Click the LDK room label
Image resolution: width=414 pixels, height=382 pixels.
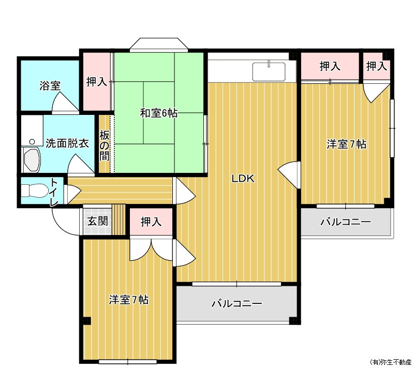(x=243, y=179)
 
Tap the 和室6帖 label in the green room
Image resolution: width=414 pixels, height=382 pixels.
(x=159, y=113)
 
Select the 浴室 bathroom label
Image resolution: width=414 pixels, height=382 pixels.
(x=50, y=85)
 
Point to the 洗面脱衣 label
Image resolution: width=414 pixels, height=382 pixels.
(x=67, y=143)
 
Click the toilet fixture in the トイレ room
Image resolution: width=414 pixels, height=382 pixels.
(x=34, y=190)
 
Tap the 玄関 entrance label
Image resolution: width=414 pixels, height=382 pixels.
(x=98, y=221)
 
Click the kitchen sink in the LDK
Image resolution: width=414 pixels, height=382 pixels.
(x=269, y=71)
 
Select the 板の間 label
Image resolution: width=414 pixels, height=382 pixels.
(x=105, y=146)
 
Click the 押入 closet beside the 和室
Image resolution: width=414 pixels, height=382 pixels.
(x=97, y=82)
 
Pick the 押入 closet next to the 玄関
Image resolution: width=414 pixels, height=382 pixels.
(x=151, y=222)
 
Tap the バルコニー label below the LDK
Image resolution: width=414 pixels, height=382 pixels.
(x=237, y=303)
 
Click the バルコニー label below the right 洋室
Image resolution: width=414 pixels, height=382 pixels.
(x=346, y=222)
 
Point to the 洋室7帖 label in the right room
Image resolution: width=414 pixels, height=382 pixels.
(x=346, y=144)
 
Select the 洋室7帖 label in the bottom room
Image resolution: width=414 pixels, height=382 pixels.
(x=129, y=300)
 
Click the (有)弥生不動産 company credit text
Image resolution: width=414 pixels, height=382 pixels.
(x=391, y=362)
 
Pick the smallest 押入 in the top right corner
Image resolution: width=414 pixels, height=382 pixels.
(x=377, y=66)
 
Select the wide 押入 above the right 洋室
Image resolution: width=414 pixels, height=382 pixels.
(x=330, y=66)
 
